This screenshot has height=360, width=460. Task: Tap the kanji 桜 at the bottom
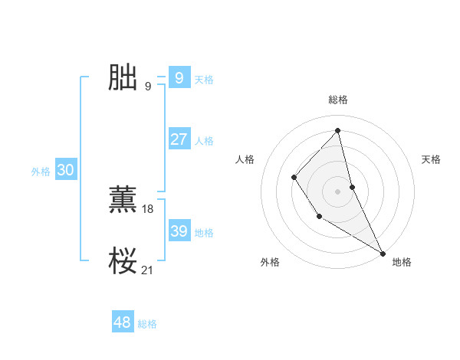pyautogui.click(x=123, y=260)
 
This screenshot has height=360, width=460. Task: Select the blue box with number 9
pyautogui.click(x=179, y=77)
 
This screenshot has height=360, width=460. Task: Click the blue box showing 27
pyautogui.click(x=179, y=139)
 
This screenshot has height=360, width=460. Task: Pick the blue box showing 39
pyautogui.click(x=179, y=231)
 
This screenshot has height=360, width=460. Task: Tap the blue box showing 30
pyautogui.click(x=65, y=170)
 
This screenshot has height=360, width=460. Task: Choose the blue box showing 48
pyautogui.click(x=122, y=322)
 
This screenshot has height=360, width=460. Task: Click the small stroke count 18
pyautogui.click(x=148, y=209)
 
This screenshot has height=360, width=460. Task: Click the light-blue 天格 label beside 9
pyautogui.click(x=204, y=80)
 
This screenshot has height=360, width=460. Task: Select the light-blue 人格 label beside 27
pyautogui.click(x=204, y=141)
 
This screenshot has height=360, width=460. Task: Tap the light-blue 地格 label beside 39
pyautogui.click(x=204, y=233)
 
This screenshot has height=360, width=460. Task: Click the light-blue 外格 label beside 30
pyautogui.click(x=41, y=172)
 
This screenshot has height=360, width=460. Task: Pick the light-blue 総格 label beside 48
pyautogui.click(x=147, y=324)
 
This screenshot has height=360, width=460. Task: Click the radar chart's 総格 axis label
pyautogui.click(x=337, y=100)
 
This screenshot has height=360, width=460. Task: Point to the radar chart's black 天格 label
pyautogui.click(x=431, y=159)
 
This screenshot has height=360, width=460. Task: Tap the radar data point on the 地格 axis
pyautogui.click(x=382, y=253)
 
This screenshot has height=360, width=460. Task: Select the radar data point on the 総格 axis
pyautogui.click(x=337, y=131)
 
